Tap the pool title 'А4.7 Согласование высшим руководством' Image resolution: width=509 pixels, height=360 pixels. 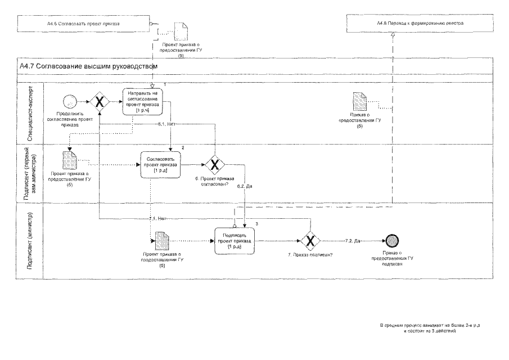pyautogui.click(x=87, y=66)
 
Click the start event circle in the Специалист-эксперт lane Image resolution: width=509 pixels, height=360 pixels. pyautogui.click(x=70, y=102)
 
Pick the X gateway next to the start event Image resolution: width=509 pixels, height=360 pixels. pyautogui.click(x=100, y=102)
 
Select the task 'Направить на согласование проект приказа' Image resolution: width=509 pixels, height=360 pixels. pyautogui.click(x=143, y=102)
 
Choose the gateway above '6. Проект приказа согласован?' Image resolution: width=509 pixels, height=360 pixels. pyautogui.click(x=214, y=164)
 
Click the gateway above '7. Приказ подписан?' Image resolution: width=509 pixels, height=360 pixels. pyautogui.click(x=309, y=241)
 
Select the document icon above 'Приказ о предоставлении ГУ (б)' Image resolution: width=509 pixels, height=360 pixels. pyautogui.click(x=359, y=103)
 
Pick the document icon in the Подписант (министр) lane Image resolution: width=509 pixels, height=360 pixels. pyautogui.click(x=161, y=241)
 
